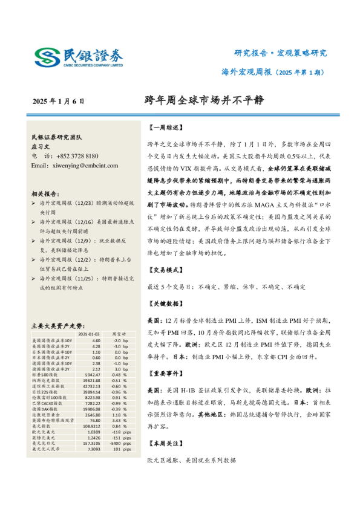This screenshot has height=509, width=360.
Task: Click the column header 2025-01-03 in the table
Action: (x=89, y=334)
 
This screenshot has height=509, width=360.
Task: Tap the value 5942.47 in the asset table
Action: (x=92, y=375)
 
